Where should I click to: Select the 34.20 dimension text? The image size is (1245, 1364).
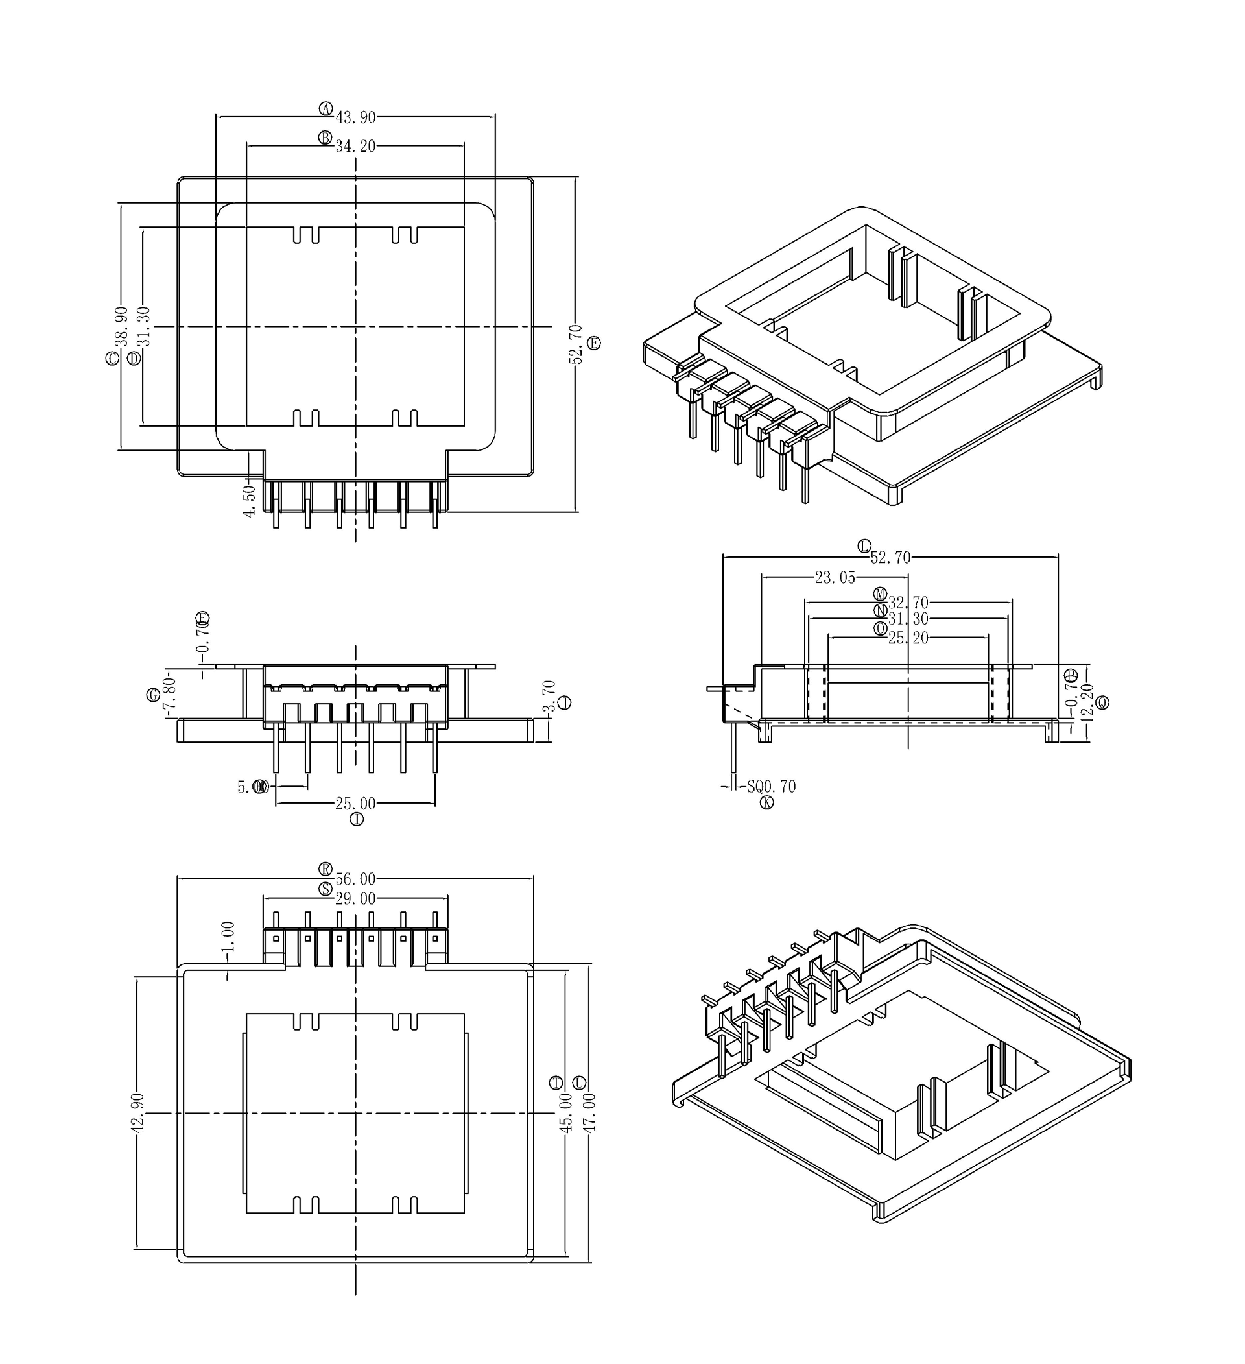coord(356,146)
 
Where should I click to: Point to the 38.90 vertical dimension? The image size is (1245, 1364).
coord(121,326)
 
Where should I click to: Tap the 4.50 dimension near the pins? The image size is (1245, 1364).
coord(250,501)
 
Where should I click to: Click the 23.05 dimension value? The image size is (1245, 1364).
coord(835,578)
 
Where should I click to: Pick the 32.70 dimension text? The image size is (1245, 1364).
coord(908,602)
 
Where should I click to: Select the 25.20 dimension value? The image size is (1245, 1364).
coord(908,638)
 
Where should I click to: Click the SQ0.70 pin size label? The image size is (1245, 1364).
coord(772,786)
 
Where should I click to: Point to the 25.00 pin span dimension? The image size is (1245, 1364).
coord(356,804)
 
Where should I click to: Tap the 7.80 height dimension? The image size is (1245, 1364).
coord(170,695)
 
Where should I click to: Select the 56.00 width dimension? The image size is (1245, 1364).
coord(356,879)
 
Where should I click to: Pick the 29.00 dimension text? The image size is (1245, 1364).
coord(356,898)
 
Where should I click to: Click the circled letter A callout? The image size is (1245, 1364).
coord(326,108)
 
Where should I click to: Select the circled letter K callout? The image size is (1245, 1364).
coord(766,802)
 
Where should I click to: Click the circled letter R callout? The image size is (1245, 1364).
coord(326,868)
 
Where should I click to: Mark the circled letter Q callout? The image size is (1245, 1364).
coord(1102,703)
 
